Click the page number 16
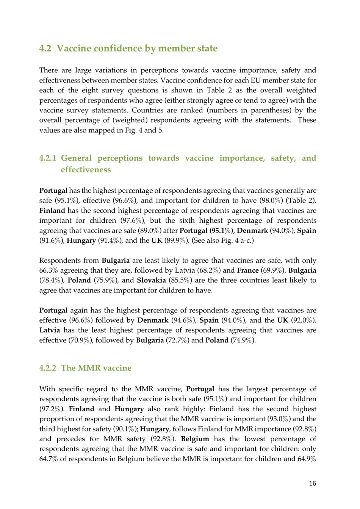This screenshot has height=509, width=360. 312,483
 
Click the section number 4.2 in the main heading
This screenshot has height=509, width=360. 45,48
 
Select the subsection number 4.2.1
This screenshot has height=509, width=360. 47,158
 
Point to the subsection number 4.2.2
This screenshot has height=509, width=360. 47,368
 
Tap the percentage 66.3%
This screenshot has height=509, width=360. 48,270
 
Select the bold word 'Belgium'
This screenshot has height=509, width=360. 195,439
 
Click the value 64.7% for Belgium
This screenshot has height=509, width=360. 49,459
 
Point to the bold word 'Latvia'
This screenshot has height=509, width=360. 50,330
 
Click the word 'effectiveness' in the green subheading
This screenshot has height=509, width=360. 86,170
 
